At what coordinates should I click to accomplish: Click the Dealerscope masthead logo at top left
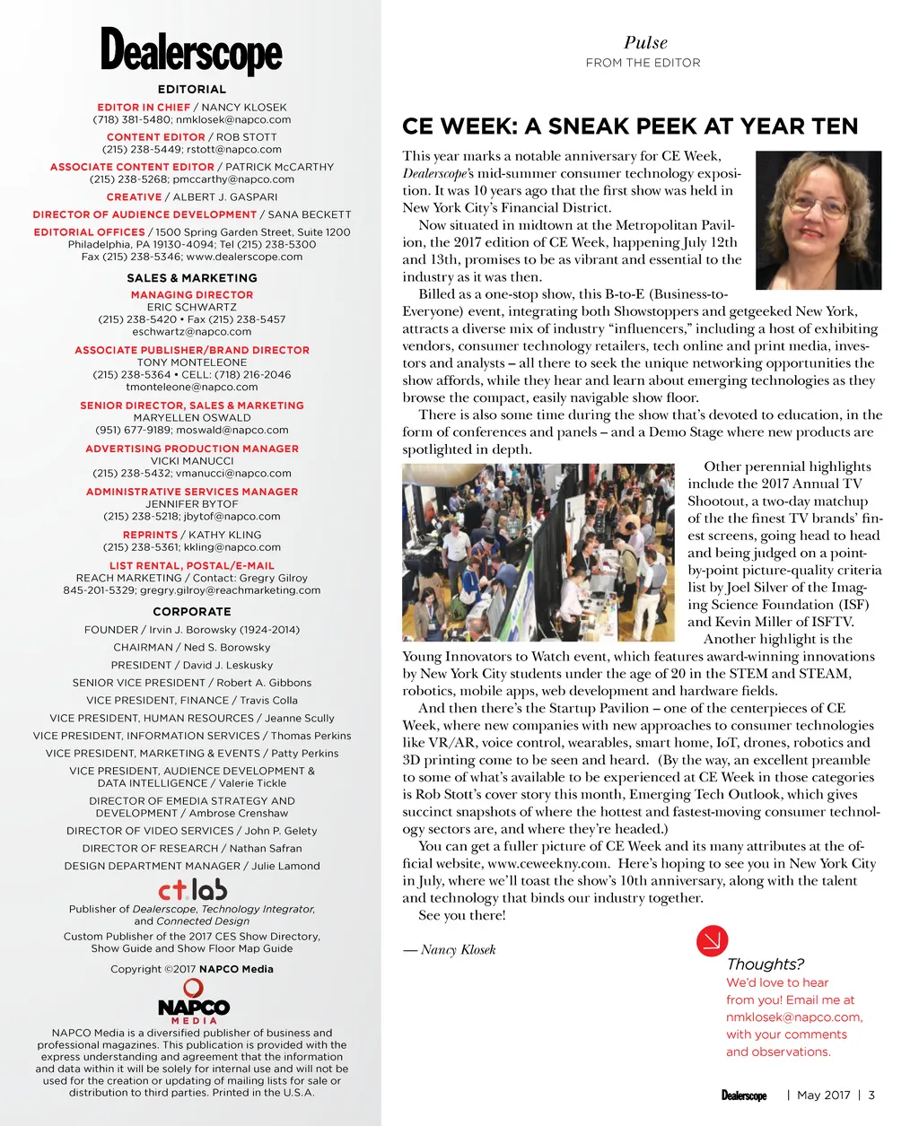191,51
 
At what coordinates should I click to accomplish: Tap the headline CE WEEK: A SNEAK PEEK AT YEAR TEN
630,127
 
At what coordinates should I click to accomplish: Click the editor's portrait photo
818,220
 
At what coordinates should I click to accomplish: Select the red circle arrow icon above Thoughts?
712,940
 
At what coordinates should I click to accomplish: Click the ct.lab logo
192,889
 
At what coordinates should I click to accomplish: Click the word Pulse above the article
645,42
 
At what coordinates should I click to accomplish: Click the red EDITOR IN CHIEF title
144,107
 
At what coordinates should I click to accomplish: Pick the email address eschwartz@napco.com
191,331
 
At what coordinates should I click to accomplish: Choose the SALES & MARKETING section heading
192,278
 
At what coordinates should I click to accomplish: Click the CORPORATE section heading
192,612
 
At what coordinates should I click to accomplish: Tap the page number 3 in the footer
871,1095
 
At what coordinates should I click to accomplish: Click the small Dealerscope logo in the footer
744,1095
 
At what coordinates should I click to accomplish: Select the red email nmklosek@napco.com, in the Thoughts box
793,1017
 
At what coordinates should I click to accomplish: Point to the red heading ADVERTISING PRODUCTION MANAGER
192,449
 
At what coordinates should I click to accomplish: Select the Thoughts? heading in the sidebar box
765,964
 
